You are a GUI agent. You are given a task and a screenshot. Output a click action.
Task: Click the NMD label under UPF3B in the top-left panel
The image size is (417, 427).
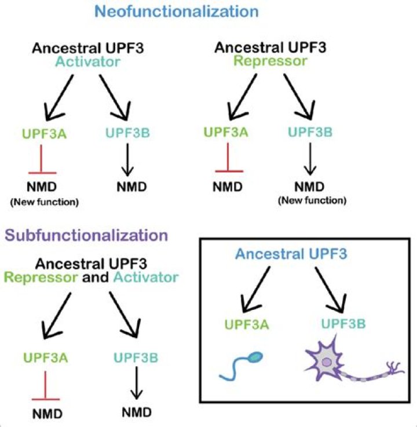pos(134,187)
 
